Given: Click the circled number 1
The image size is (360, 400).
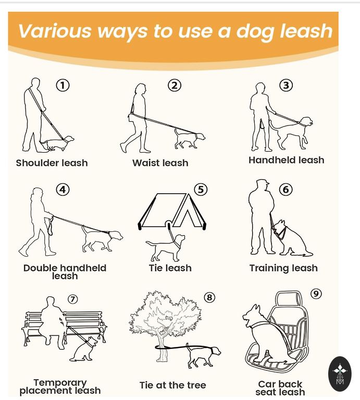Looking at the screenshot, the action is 63,85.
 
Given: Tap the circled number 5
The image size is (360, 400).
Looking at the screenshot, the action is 201,190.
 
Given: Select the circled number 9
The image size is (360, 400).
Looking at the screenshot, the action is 316,294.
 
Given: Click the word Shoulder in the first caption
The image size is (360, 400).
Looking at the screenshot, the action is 38,162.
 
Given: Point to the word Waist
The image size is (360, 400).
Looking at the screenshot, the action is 145,162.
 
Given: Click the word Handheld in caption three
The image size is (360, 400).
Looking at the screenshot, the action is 272,160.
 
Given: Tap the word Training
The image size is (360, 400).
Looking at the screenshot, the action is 269,268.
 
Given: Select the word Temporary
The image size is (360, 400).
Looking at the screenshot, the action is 60,383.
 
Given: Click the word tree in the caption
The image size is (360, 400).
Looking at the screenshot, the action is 196,385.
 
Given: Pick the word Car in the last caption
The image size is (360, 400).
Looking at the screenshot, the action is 267,384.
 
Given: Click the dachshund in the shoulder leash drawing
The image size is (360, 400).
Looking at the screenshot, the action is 57,144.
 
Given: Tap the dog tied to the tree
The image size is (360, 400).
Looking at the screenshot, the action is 203,356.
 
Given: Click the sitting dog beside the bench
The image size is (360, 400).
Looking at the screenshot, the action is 84,349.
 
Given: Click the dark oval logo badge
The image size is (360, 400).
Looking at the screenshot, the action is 340,374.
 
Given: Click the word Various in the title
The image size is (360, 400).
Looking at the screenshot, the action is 54,31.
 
